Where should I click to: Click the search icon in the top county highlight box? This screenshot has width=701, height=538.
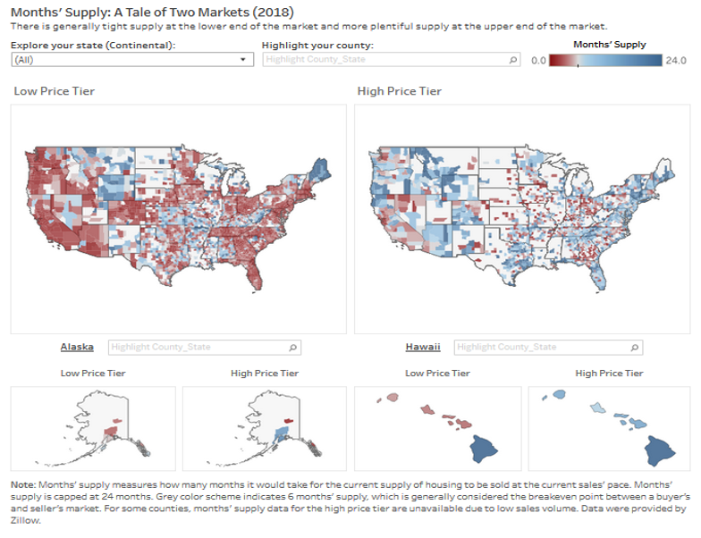513,60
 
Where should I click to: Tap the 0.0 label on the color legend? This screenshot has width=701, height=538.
538,61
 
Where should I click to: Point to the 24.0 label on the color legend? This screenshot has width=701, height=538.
676,61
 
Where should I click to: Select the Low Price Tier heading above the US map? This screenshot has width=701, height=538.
55,91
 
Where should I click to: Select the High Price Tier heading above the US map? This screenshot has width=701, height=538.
399,91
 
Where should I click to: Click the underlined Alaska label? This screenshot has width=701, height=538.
77,347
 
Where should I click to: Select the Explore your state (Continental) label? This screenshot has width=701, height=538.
94,45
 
